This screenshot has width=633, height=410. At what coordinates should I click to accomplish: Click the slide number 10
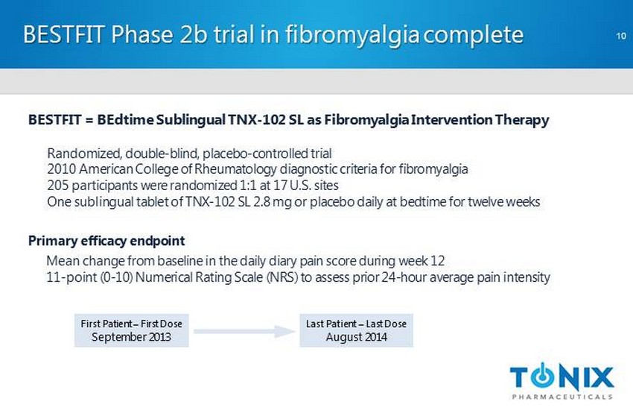[x=621, y=36]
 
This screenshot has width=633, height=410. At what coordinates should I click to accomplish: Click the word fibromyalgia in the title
[x=353, y=35]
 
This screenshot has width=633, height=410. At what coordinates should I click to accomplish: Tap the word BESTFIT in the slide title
[x=64, y=34]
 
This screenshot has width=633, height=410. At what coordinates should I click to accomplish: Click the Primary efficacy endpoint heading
[x=106, y=241]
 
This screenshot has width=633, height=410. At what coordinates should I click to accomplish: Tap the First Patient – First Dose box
[x=131, y=330]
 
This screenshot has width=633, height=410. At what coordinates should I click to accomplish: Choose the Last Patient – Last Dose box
[x=356, y=330]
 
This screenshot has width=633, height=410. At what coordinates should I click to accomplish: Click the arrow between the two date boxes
[x=244, y=331]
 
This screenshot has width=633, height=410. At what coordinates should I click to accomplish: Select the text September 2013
[x=131, y=337]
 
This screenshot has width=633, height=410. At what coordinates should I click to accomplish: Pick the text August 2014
[x=357, y=337]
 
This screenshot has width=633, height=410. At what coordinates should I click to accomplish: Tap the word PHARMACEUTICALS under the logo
[x=562, y=397]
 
